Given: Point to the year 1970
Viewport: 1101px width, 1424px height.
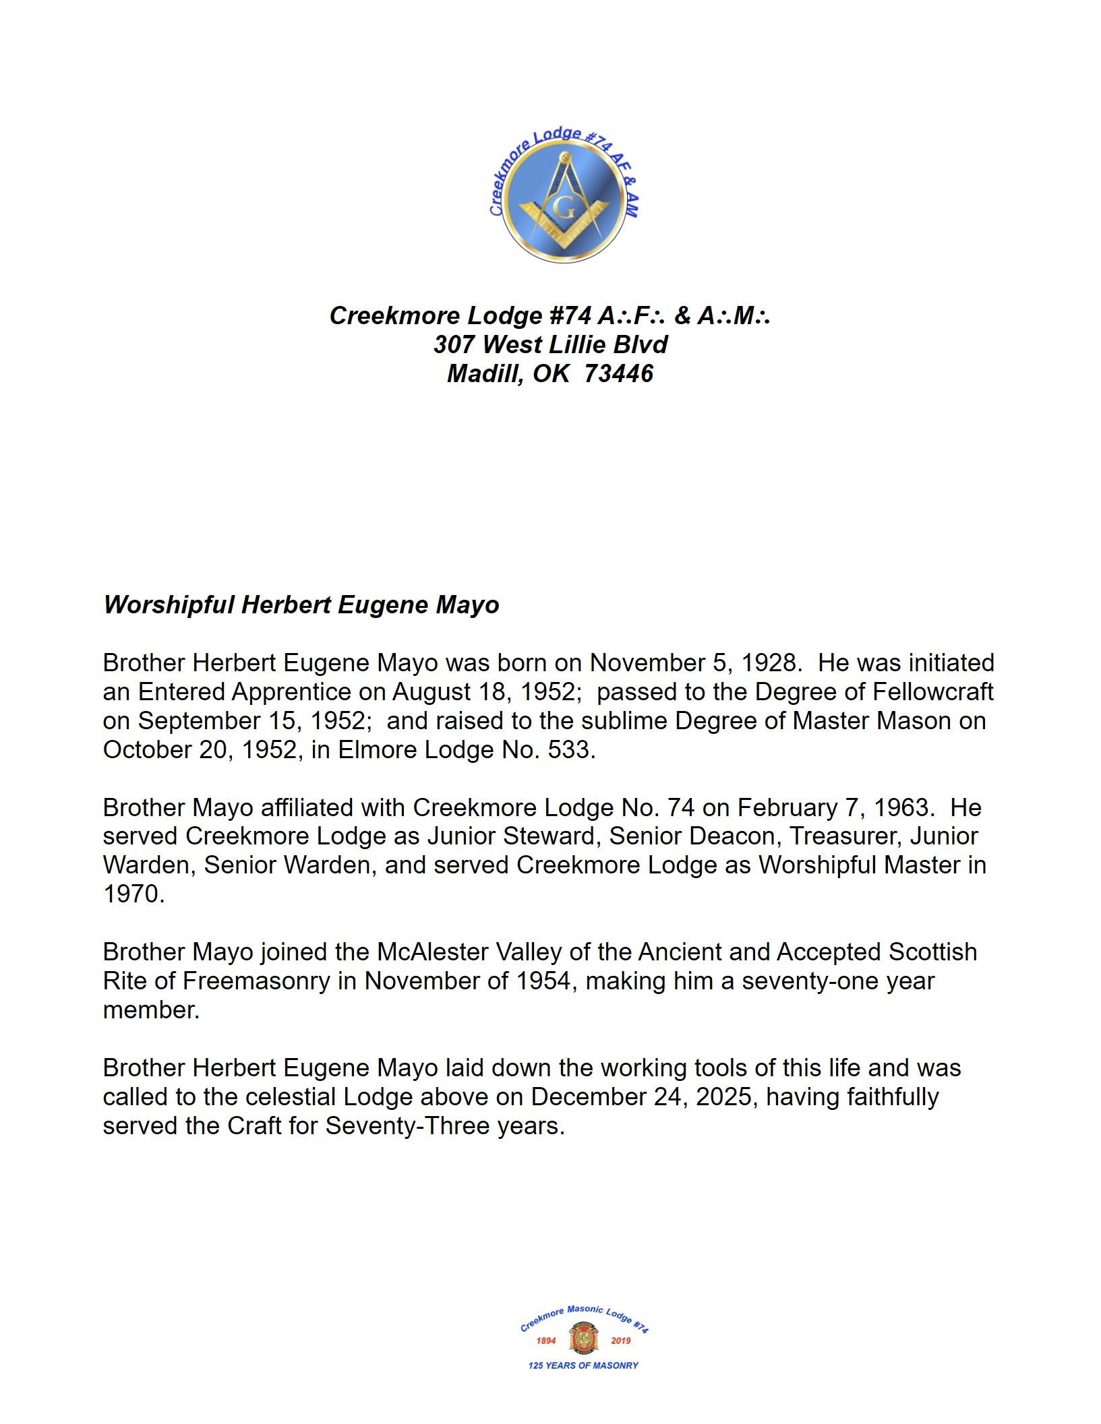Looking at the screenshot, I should coord(133,894).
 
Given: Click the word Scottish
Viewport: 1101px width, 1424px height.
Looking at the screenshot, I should coord(932,952).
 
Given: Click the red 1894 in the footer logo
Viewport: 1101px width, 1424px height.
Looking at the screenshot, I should coord(546,1340).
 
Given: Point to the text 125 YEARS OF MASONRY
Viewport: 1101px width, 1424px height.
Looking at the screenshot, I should coord(583,1365).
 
